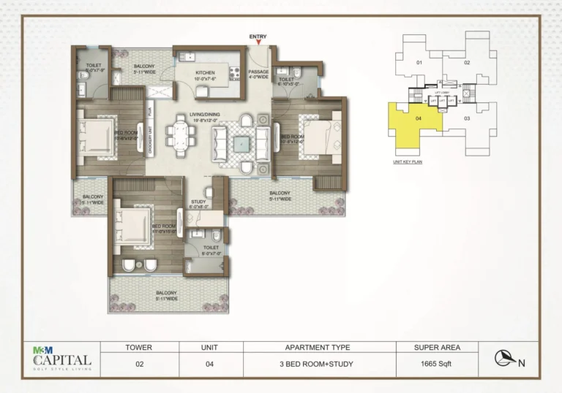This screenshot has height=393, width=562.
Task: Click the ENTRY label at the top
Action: pyautogui.click(x=258, y=37)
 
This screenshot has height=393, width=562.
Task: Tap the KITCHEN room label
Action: pyautogui.click(x=205, y=73)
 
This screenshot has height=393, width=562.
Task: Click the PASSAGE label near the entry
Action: pyautogui.click(x=258, y=72)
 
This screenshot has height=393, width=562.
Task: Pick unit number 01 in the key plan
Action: pyautogui.click(x=419, y=63)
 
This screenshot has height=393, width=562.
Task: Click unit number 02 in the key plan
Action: pyautogui.click(x=467, y=63)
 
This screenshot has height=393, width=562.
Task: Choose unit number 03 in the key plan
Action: pyautogui.click(x=467, y=118)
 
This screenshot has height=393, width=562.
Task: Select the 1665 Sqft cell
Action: pyautogui.click(x=436, y=362)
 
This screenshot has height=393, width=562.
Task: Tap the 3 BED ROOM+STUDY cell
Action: pyautogui.click(x=317, y=362)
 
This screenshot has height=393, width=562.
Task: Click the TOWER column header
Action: pyautogui.click(x=138, y=347)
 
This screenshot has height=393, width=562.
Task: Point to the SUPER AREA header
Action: pyautogui.click(x=436, y=347)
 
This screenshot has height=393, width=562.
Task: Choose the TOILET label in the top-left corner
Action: pyautogui.click(x=93, y=65)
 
